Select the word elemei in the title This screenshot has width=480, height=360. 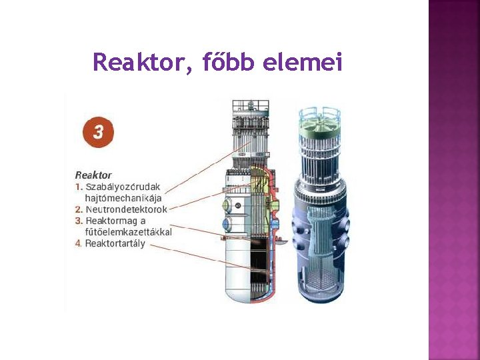click(x=303, y=63)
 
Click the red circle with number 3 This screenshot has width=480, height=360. click(x=98, y=131)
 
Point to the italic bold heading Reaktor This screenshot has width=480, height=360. click(x=93, y=175)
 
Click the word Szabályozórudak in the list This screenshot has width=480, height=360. click(x=123, y=187)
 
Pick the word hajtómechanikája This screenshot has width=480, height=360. click(x=123, y=197)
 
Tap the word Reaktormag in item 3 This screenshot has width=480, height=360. click(x=111, y=221)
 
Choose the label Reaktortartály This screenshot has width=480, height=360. click(x=115, y=243)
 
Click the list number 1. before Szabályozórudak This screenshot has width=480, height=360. click(x=79, y=187)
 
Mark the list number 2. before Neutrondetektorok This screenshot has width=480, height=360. click(x=79, y=209)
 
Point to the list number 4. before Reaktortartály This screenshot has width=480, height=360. click(x=79, y=243)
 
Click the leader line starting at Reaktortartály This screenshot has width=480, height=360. click(x=200, y=256)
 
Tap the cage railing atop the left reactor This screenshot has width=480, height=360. click(x=250, y=106)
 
